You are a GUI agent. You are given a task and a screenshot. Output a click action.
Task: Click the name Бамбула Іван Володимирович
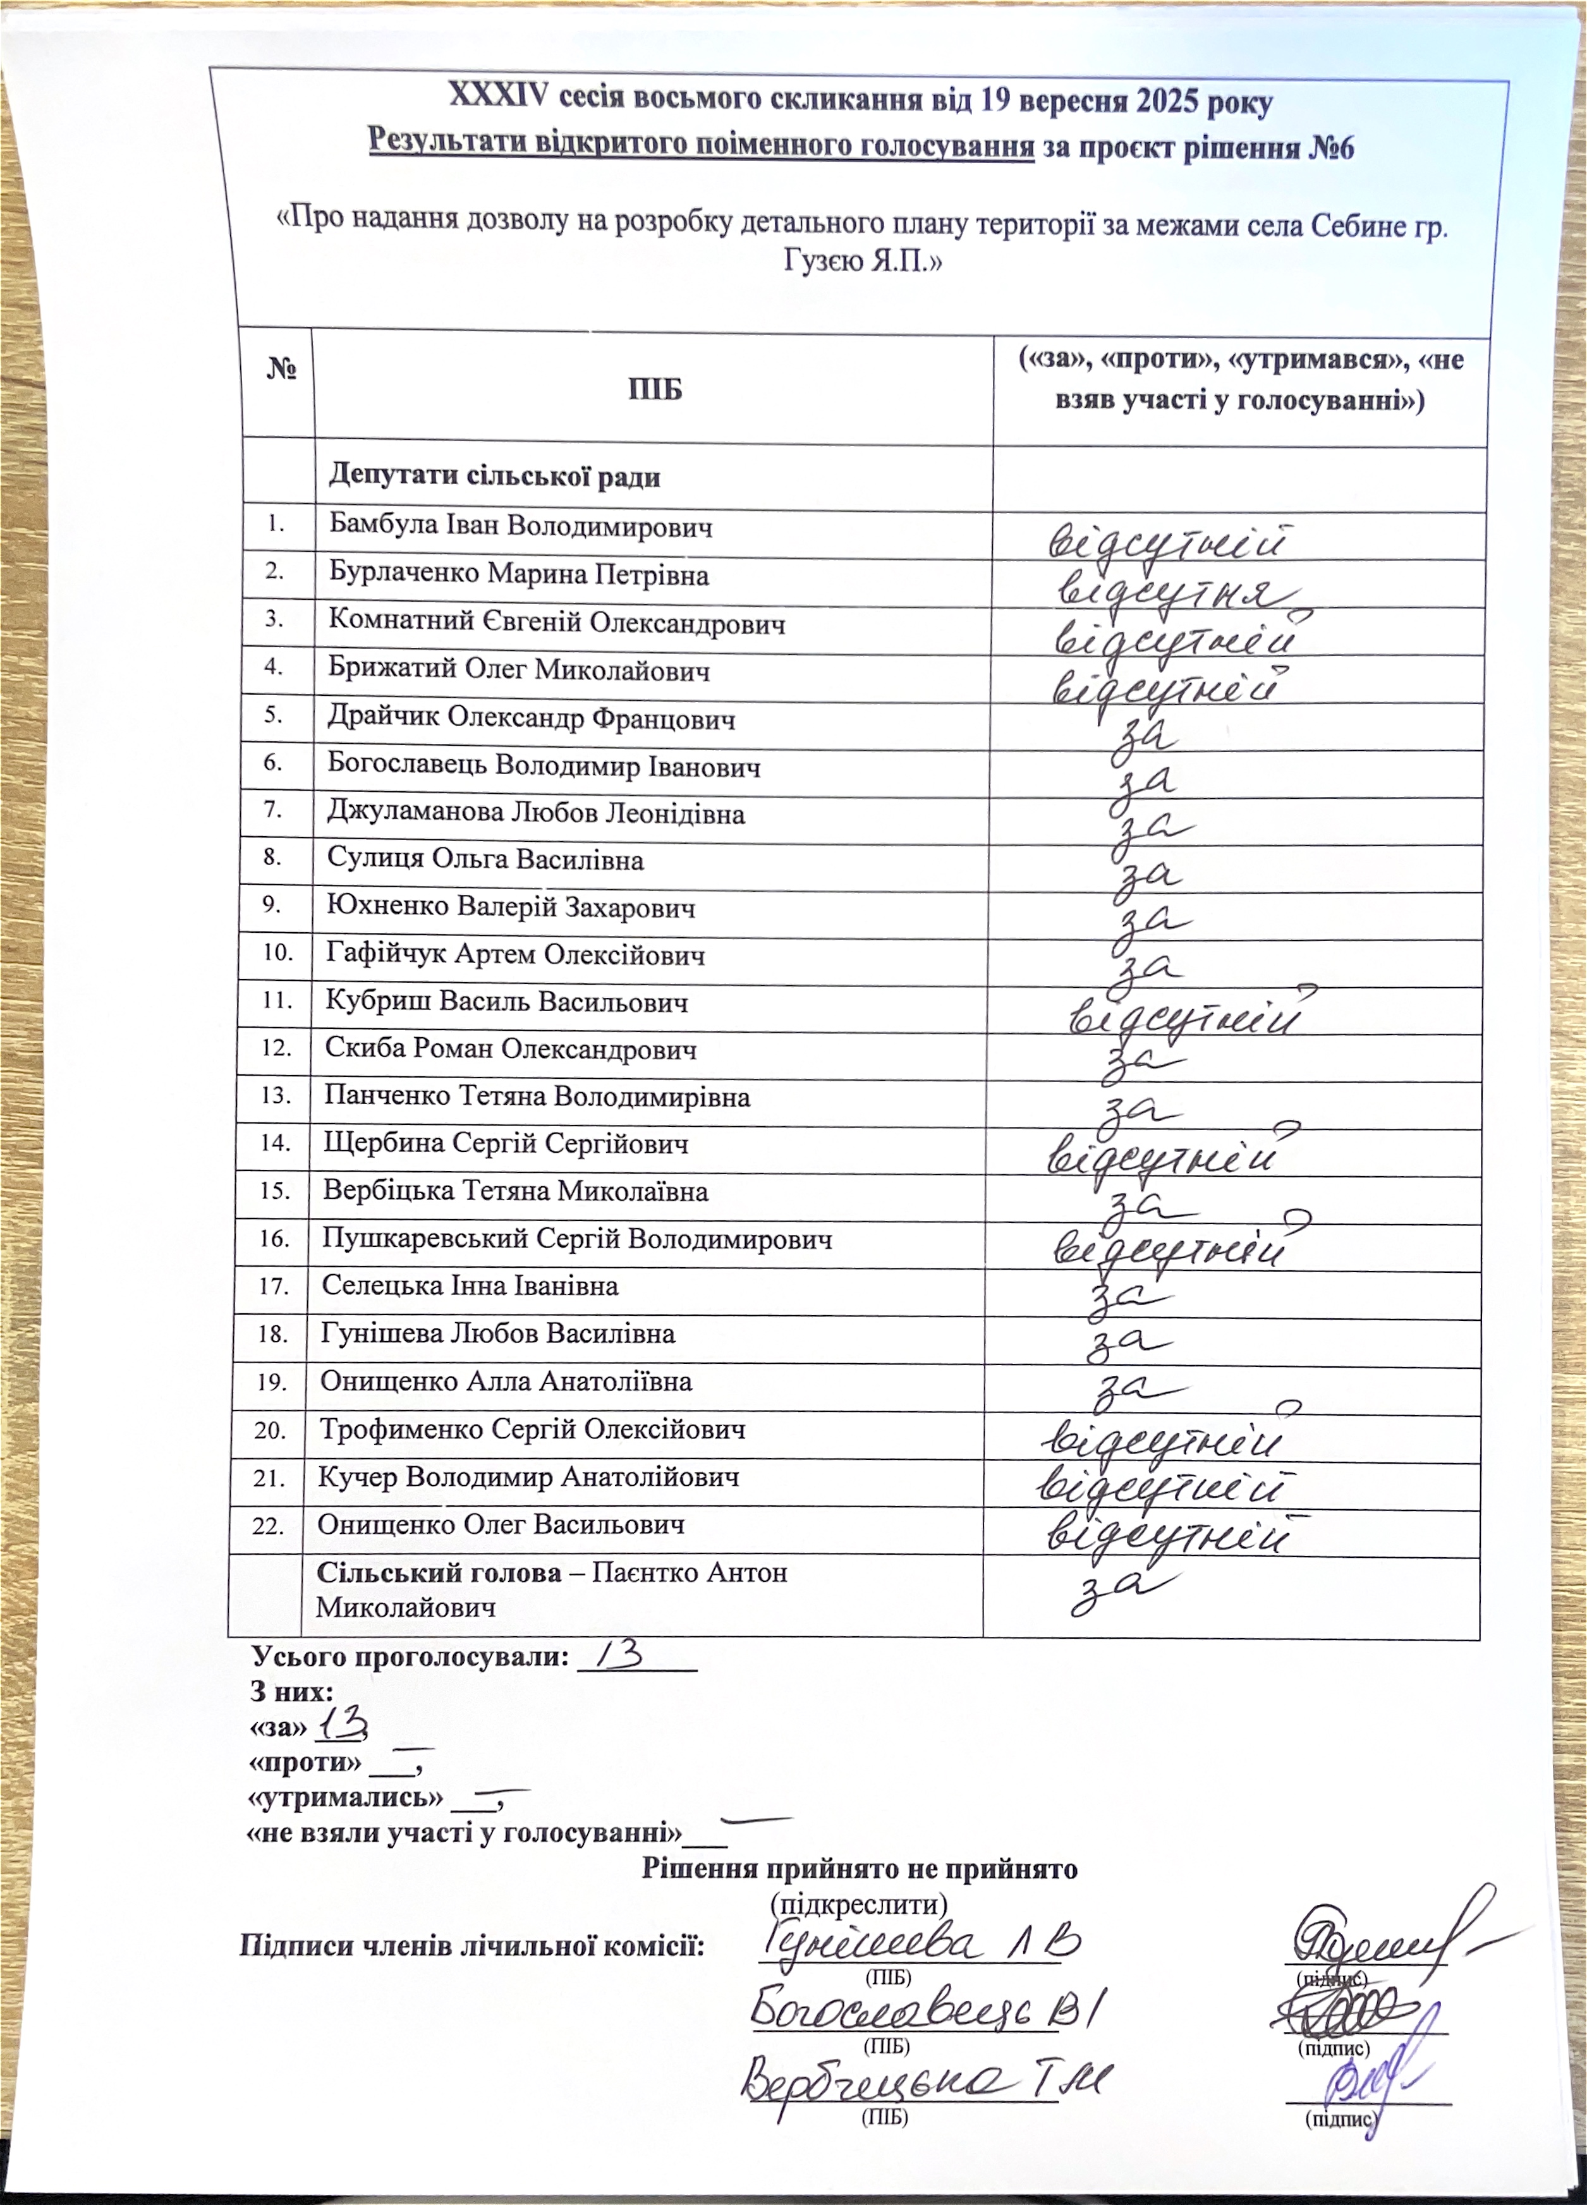click(520, 528)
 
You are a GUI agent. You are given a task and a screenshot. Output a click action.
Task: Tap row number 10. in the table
click(277, 953)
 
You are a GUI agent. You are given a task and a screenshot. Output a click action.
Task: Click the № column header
click(281, 370)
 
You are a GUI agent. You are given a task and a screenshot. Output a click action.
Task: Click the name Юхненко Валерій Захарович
click(511, 908)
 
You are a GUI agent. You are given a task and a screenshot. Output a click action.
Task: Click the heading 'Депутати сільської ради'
click(494, 477)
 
